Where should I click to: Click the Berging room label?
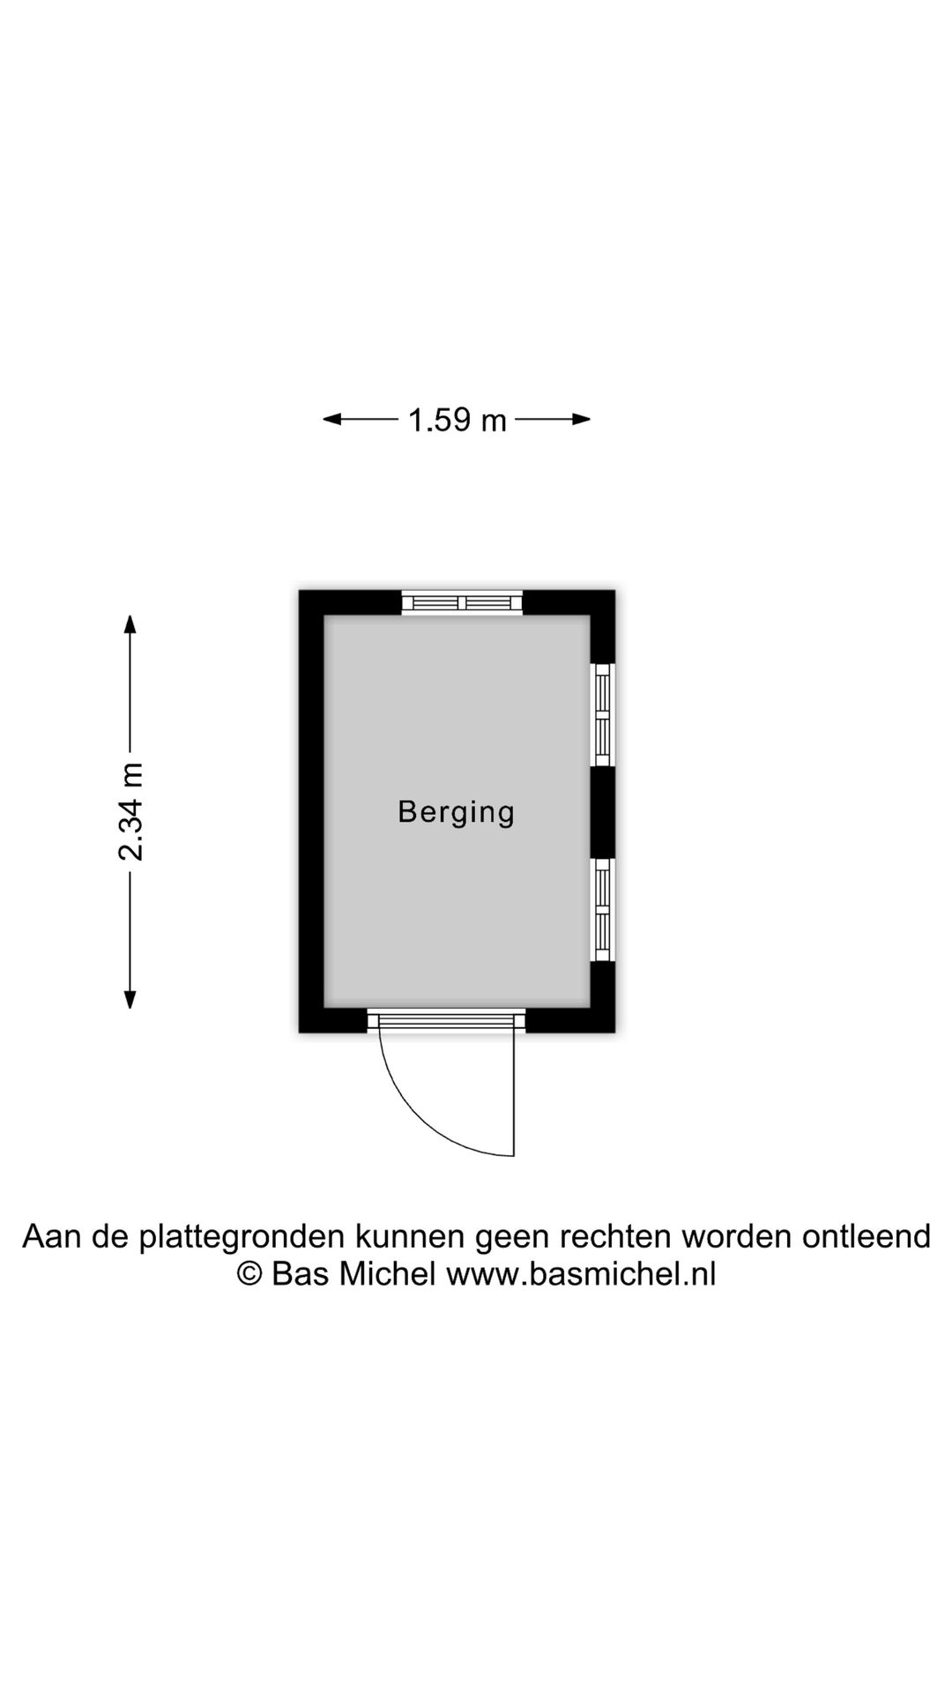(456, 812)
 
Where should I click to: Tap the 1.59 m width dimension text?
(457, 420)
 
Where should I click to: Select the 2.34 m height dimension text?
(130, 811)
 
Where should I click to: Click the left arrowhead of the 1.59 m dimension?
(331, 419)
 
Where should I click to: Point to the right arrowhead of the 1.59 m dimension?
(581, 419)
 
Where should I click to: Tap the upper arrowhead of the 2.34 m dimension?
(130, 624)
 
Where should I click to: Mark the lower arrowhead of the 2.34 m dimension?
(130, 999)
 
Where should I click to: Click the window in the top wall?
(463, 602)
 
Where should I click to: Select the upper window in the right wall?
(603, 715)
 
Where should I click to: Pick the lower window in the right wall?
(603, 910)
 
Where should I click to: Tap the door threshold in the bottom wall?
(446, 1020)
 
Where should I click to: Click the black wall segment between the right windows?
(603, 812)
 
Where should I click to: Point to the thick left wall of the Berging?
(312, 811)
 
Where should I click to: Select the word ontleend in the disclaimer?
(866, 1236)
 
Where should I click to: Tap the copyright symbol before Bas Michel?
(249, 1274)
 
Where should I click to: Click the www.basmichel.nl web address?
(581, 1274)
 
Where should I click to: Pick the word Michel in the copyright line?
(388, 1274)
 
